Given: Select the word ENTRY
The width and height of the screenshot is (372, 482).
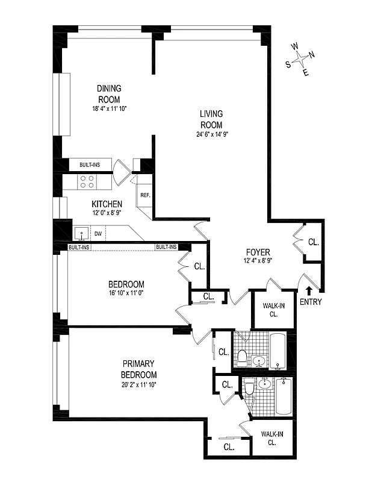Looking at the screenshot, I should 310,302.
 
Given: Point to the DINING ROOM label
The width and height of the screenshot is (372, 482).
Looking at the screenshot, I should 109,94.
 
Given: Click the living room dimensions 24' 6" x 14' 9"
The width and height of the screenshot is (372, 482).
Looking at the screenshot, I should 211,134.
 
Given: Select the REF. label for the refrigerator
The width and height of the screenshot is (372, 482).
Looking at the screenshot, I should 145,195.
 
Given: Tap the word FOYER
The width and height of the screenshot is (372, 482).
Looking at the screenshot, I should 258,252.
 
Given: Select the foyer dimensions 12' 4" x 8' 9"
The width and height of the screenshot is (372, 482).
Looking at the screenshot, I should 258,260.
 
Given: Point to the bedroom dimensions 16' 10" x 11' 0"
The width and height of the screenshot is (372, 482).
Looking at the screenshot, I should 126,293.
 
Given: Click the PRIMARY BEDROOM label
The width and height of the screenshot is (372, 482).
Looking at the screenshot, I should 139,369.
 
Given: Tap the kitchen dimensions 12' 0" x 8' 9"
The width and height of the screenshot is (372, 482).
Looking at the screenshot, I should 107,213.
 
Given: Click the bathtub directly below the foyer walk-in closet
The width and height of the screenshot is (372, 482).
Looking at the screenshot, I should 277,351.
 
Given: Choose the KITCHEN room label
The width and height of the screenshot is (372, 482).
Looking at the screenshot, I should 107,204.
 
